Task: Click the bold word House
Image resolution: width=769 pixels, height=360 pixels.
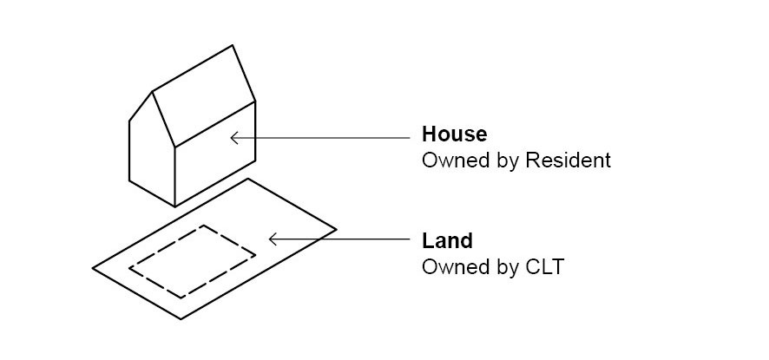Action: click(x=454, y=134)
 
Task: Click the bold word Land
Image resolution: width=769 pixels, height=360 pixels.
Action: click(x=447, y=240)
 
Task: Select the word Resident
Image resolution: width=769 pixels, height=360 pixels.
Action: click(x=568, y=160)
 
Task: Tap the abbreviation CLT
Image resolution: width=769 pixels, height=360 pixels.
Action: click(x=544, y=267)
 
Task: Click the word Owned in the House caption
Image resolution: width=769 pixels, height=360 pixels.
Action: click(x=450, y=160)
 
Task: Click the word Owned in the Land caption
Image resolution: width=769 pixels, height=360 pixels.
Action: click(x=450, y=267)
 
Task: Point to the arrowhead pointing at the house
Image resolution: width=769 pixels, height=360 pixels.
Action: click(x=233, y=137)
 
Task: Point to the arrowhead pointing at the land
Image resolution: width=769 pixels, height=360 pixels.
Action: click(x=273, y=239)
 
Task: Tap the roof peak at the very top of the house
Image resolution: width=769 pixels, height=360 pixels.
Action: click(x=233, y=46)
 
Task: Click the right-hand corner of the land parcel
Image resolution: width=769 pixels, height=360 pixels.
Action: click(x=335, y=230)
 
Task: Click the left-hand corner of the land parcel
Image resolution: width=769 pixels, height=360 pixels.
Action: click(x=94, y=267)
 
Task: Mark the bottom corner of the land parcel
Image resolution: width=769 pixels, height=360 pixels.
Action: click(x=181, y=318)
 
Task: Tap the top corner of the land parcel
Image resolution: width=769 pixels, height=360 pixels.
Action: click(x=248, y=180)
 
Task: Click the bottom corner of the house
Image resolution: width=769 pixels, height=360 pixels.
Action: click(x=174, y=206)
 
